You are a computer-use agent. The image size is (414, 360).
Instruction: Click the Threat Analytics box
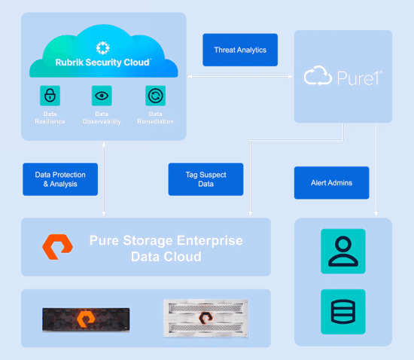(x=240, y=50)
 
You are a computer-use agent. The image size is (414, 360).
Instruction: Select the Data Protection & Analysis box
(x=60, y=179)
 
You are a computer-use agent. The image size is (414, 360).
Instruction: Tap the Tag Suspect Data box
(x=205, y=179)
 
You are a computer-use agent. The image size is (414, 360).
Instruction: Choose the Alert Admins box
(x=332, y=182)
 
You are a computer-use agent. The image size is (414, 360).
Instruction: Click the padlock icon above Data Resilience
(x=50, y=96)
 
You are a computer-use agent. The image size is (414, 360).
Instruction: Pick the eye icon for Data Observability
(x=102, y=96)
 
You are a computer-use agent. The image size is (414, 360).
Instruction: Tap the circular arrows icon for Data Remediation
(x=156, y=96)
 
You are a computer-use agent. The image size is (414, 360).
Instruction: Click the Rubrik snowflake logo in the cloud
(x=102, y=47)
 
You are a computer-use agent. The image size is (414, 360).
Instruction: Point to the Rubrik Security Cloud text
(x=102, y=63)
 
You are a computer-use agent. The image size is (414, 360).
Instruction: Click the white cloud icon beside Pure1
(x=318, y=75)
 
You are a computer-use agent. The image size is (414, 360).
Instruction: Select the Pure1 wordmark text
(x=359, y=78)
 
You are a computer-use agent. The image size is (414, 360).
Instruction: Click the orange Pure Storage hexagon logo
(x=57, y=247)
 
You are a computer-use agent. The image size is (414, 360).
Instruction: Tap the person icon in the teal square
(x=343, y=252)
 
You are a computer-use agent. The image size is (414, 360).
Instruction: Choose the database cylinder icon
(x=343, y=312)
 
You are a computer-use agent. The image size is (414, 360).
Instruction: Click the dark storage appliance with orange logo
(x=86, y=319)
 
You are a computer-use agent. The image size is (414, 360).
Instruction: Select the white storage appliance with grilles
(x=205, y=319)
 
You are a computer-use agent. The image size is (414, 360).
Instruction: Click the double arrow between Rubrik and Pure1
(x=240, y=77)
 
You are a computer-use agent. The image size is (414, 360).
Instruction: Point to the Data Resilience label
(x=50, y=117)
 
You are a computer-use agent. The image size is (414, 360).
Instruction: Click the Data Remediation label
(x=156, y=117)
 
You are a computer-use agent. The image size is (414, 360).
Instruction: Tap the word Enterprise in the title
(x=210, y=240)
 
